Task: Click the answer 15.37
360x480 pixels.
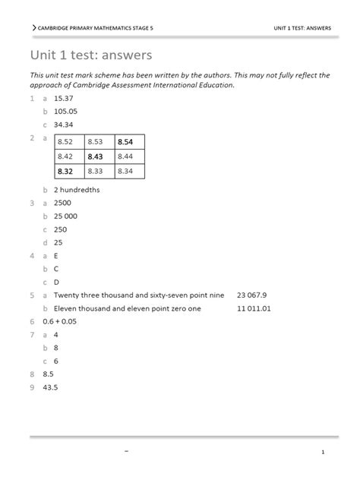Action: point(62,98)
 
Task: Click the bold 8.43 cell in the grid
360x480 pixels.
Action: point(97,156)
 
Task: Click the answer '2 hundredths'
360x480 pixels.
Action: point(77,190)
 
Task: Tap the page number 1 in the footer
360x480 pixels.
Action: point(323,453)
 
